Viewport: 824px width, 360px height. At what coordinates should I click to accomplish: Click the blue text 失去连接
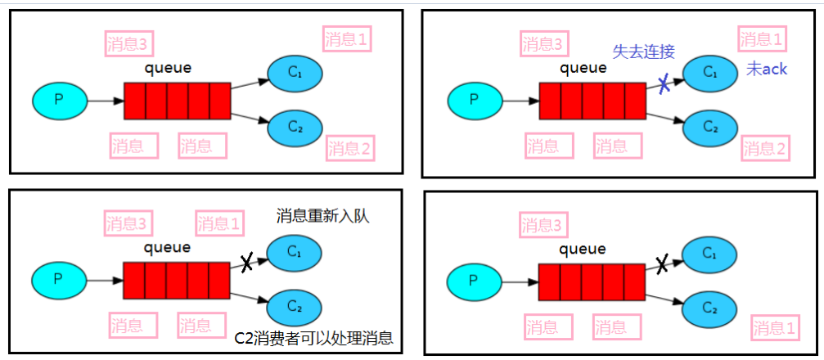pyautogui.click(x=644, y=52)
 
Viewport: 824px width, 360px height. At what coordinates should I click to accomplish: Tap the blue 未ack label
pyautogui.click(x=766, y=70)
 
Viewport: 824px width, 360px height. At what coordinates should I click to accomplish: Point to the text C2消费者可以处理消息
pyautogui.click(x=313, y=338)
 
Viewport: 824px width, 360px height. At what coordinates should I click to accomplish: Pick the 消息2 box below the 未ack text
pyautogui.click(x=765, y=149)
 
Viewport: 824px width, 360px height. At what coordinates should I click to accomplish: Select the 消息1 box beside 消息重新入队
pyautogui.click(x=220, y=223)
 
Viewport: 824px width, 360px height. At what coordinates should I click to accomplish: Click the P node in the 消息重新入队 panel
pyautogui.click(x=58, y=278)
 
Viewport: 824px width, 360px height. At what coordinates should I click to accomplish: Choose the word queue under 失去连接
pyautogui.click(x=583, y=68)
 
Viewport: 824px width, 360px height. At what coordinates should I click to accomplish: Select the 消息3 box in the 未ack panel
pyautogui.click(x=543, y=43)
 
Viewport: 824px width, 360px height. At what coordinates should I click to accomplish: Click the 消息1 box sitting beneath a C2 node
pyautogui.click(x=774, y=329)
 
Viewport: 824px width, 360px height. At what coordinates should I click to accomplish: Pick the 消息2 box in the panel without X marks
pyautogui.click(x=350, y=148)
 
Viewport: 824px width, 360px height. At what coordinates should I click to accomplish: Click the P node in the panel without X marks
pyautogui.click(x=58, y=100)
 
